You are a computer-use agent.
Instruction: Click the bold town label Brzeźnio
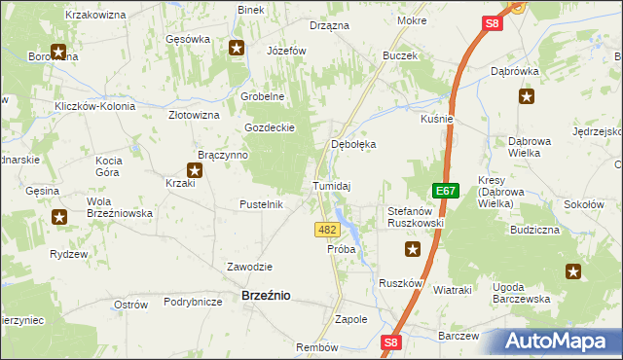[x=265, y=295]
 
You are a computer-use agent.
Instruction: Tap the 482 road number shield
[x=327, y=230]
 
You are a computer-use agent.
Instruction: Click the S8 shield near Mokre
[x=493, y=23]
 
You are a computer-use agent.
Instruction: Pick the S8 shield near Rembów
[x=390, y=342]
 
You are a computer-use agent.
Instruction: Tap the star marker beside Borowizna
[x=58, y=53]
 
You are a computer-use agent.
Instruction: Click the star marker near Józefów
[x=237, y=46]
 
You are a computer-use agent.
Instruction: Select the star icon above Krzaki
[x=196, y=170]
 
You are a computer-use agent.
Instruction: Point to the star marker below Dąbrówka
[x=527, y=96]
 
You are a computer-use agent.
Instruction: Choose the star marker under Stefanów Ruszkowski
[x=413, y=250]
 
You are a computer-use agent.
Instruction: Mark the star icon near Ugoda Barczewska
[x=573, y=271]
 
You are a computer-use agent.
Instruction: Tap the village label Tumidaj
[x=331, y=185]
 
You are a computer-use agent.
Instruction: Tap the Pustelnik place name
[x=261, y=204]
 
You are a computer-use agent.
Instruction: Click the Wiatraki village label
[x=452, y=290]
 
